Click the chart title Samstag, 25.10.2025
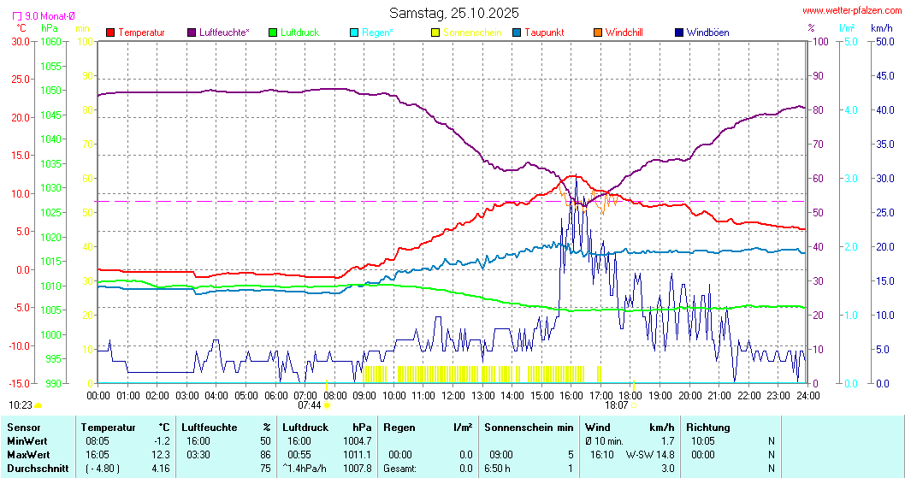(453, 13)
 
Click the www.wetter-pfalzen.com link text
(851, 10)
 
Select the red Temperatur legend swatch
(110, 32)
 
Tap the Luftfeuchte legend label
(224, 32)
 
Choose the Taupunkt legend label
(545, 32)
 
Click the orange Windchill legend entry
(624, 32)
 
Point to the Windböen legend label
(707, 32)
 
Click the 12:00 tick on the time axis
(452, 395)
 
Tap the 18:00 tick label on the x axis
(630, 395)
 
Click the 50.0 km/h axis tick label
(883, 41)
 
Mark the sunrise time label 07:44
(309, 405)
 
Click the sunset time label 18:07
(616, 405)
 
